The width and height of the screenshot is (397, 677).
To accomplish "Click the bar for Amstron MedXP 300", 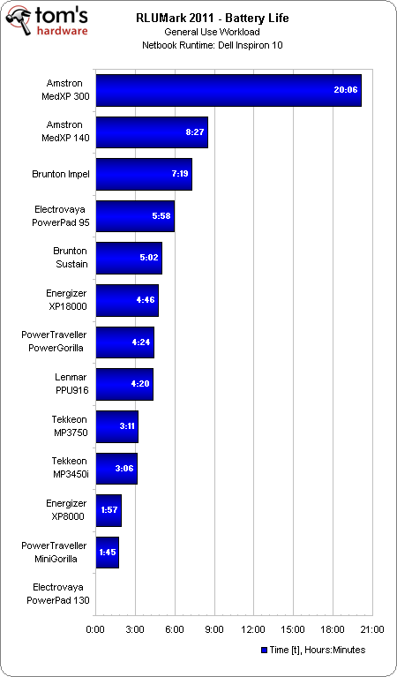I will click(228, 90).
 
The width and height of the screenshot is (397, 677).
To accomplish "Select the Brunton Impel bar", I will click(144, 174).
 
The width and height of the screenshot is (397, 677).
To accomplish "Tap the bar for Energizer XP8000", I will click(109, 510).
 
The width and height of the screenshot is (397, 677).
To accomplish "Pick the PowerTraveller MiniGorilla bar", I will click(107, 552).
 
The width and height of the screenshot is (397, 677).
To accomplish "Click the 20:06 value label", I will click(345, 90).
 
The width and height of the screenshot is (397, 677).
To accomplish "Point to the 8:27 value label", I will click(196, 132).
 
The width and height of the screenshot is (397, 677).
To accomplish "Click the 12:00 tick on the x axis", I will click(253, 629).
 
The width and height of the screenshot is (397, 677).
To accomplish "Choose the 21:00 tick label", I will click(371, 629).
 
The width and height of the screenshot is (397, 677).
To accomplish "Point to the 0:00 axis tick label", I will click(95, 629).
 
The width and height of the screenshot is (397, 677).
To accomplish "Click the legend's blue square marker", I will click(263, 651).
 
